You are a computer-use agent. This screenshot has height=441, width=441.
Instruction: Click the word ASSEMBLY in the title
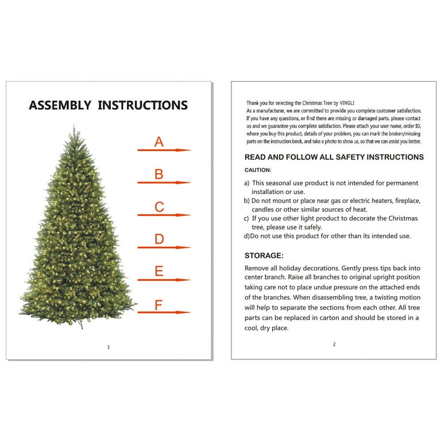pos(60,105)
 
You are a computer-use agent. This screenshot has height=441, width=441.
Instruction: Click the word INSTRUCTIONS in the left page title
pos(142,105)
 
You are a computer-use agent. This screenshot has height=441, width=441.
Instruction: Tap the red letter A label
pos(159,142)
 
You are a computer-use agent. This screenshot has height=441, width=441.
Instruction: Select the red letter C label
pos(159,207)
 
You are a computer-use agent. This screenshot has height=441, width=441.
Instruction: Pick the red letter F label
pos(158,305)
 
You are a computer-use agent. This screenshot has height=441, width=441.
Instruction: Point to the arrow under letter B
pos(164,183)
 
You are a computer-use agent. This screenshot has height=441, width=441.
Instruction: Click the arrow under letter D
pos(164,247)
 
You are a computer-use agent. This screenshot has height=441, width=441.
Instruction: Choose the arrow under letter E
pos(164,280)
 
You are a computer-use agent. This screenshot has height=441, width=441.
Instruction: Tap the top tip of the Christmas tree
pos(73,124)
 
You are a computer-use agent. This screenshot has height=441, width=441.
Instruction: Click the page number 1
pos(109,347)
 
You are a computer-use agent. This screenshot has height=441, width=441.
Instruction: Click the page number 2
pos(334,344)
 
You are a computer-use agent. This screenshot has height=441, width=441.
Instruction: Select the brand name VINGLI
pos(347,103)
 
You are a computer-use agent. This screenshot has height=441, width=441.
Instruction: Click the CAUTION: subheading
pos(258,170)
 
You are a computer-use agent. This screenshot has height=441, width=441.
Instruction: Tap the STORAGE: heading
pos(264,256)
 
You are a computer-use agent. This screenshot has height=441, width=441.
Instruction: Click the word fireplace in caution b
pos(408,201)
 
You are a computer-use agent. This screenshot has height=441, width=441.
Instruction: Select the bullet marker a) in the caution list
pos(247,183)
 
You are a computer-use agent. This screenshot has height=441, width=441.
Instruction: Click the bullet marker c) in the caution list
pos(246,219)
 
